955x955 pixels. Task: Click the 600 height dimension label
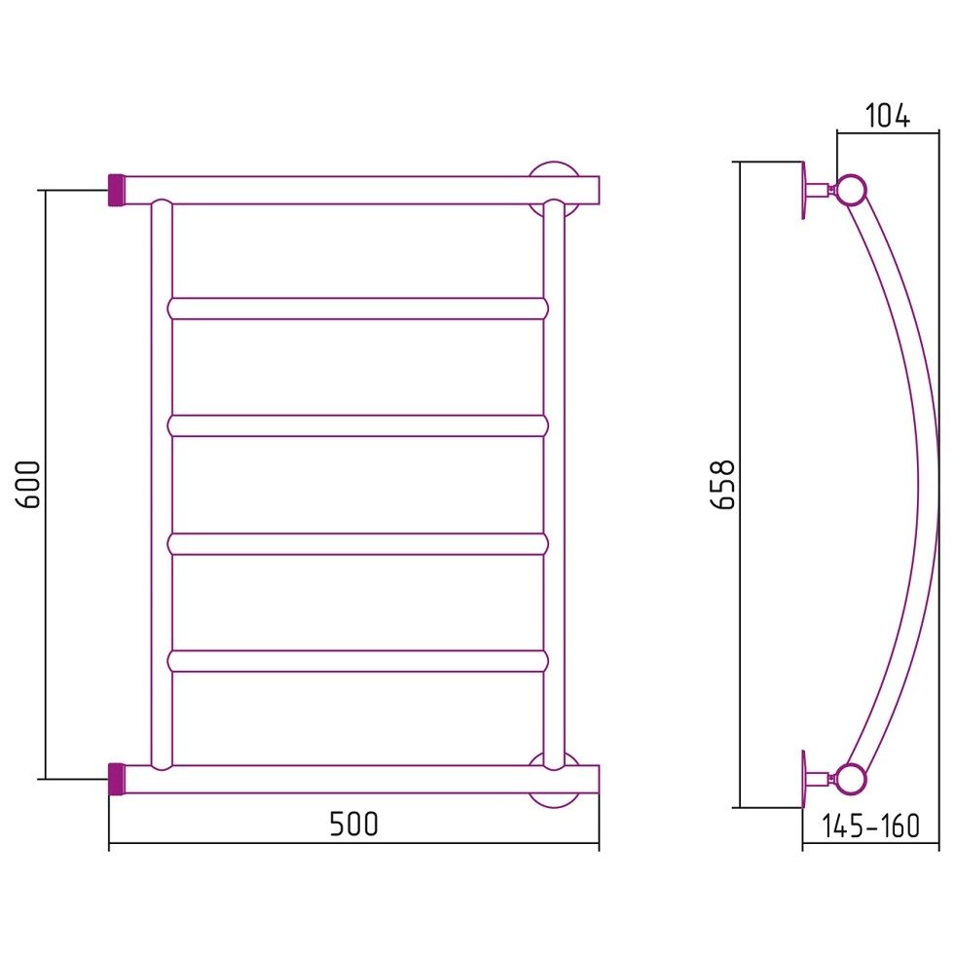click(29, 484)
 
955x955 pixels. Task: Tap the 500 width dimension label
click(353, 825)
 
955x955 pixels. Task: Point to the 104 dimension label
click(888, 116)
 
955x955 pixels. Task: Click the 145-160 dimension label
click(870, 826)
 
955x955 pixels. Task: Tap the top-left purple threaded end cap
click(117, 190)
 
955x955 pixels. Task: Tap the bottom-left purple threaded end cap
click(117, 779)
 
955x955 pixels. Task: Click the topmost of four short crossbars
click(358, 309)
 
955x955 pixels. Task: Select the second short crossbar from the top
click(358, 425)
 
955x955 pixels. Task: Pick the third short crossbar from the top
click(358, 544)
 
